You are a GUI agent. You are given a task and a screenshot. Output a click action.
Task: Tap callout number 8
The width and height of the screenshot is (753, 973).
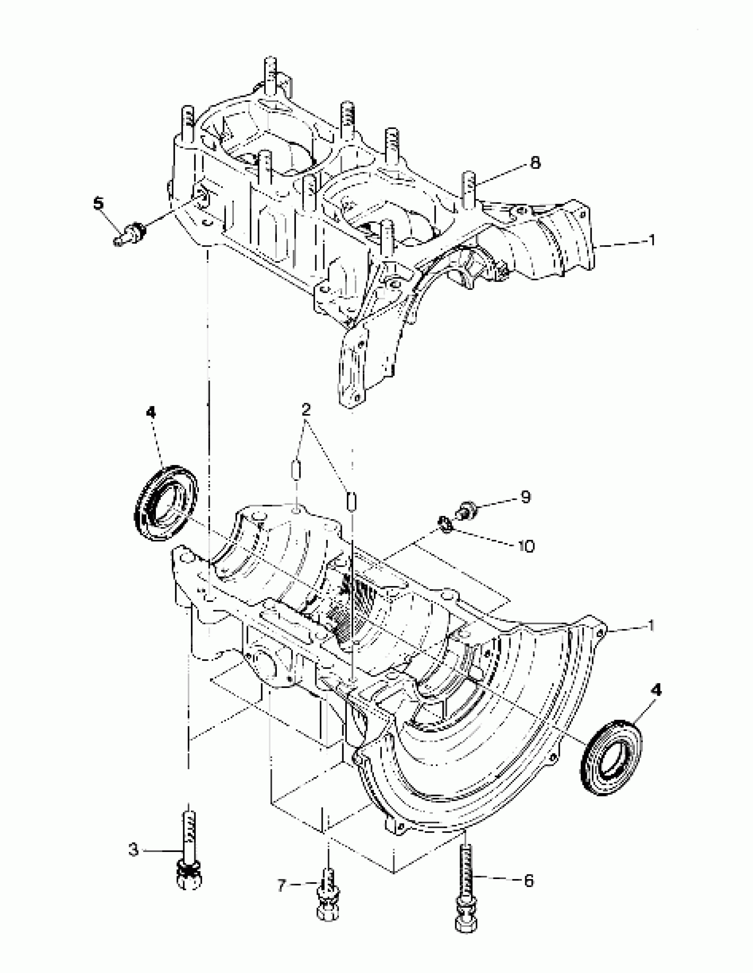(x=535, y=163)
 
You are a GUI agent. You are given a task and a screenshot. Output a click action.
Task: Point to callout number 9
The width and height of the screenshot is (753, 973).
(x=525, y=497)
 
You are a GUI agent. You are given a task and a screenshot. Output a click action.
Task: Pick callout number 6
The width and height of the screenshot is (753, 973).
(x=528, y=881)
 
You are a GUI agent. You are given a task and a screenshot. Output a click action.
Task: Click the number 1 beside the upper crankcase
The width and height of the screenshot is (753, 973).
(x=651, y=241)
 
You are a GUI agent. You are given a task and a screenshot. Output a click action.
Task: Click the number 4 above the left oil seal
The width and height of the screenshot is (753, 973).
(x=151, y=413)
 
